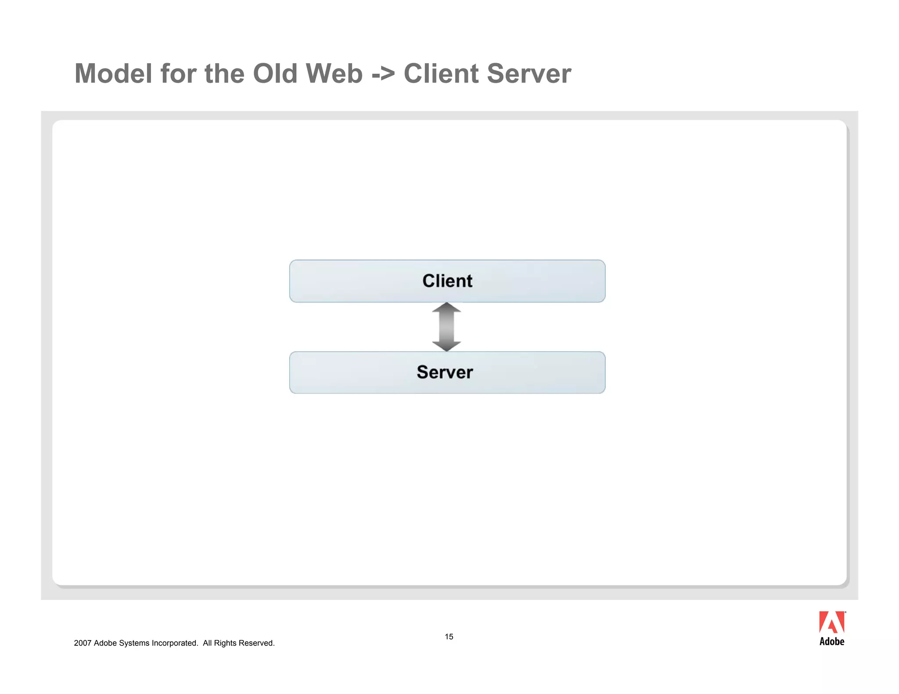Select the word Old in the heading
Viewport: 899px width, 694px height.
pos(275,73)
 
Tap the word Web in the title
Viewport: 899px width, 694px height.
pos(334,73)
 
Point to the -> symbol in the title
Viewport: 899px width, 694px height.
pos(383,74)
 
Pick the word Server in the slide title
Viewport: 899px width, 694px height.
pos(529,73)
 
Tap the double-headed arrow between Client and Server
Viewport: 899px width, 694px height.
pos(446,327)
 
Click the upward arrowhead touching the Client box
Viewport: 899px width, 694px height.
pos(446,308)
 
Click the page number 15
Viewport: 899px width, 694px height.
pos(449,637)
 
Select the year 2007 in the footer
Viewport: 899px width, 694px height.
pos(83,643)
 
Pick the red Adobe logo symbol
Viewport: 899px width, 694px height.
pos(831,622)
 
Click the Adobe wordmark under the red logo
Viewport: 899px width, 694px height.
pos(832,641)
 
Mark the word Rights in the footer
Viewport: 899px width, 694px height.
pos(225,643)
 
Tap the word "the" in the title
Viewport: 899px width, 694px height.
pos(224,73)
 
